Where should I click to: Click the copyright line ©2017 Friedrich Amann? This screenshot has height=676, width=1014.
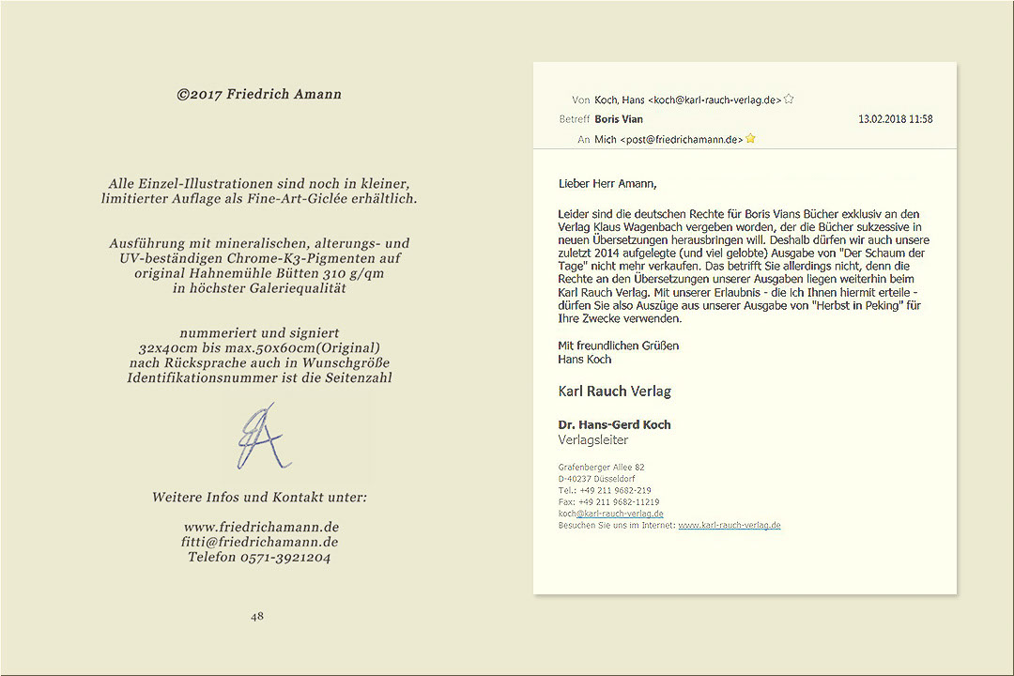click(259, 94)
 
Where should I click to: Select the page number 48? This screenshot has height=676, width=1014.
click(257, 617)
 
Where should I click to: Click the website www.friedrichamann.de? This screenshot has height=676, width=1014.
click(261, 527)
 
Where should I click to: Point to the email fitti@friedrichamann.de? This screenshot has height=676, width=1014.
click(260, 542)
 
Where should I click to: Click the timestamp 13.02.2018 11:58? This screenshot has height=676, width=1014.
click(895, 119)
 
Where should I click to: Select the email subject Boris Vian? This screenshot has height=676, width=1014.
click(619, 119)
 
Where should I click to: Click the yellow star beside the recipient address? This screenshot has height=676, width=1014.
click(751, 139)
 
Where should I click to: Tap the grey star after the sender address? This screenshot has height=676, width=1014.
click(789, 99)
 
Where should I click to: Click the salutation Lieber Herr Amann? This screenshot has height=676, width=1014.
click(607, 183)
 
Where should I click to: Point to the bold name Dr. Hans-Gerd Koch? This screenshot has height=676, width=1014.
click(614, 424)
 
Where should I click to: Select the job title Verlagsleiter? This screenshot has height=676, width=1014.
click(593, 439)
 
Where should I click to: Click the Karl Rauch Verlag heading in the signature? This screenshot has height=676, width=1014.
click(614, 392)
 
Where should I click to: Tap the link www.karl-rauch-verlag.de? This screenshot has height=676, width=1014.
click(730, 525)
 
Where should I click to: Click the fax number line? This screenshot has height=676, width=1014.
click(608, 502)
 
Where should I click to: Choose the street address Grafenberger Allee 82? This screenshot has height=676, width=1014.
click(601, 467)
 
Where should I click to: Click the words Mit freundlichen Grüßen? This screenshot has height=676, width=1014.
click(618, 346)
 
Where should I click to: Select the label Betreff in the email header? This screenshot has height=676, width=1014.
click(575, 119)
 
